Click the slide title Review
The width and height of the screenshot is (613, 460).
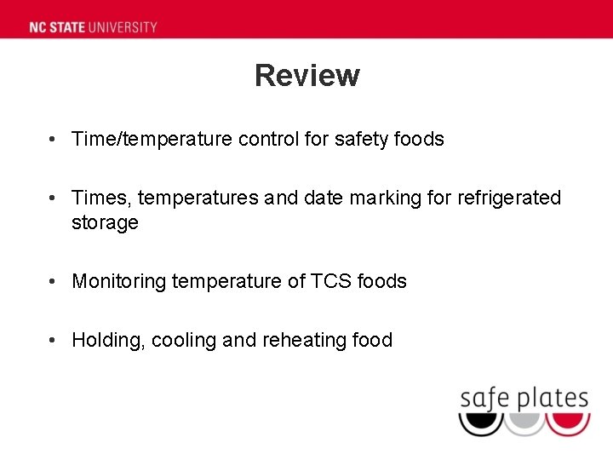tap(306, 76)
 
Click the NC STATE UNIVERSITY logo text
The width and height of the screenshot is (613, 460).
tap(94, 26)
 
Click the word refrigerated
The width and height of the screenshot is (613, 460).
tap(509, 198)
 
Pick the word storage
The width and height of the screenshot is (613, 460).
tap(105, 223)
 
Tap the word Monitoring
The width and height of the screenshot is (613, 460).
tap(119, 281)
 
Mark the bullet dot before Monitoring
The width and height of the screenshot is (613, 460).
tap(53, 281)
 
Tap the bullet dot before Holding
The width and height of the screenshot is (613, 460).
tap(53, 341)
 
